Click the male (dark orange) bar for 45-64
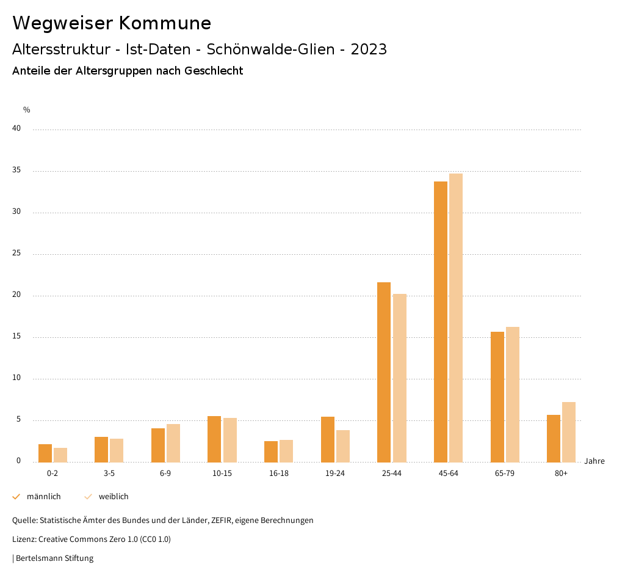(x=441, y=321)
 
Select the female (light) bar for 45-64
(x=456, y=318)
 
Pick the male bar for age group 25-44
(x=384, y=372)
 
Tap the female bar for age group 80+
(x=569, y=432)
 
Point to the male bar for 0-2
(x=45, y=453)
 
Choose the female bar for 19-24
(x=343, y=446)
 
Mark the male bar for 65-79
(x=497, y=397)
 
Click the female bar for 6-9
(x=173, y=443)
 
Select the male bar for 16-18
(x=271, y=452)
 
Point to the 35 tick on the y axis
(x=16, y=170)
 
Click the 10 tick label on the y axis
(x=16, y=378)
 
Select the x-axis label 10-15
(x=222, y=474)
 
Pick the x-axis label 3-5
(x=109, y=474)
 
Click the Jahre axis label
(x=594, y=461)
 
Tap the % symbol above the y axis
(x=27, y=110)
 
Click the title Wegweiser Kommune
(x=112, y=23)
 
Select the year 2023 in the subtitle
(x=369, y=49)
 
